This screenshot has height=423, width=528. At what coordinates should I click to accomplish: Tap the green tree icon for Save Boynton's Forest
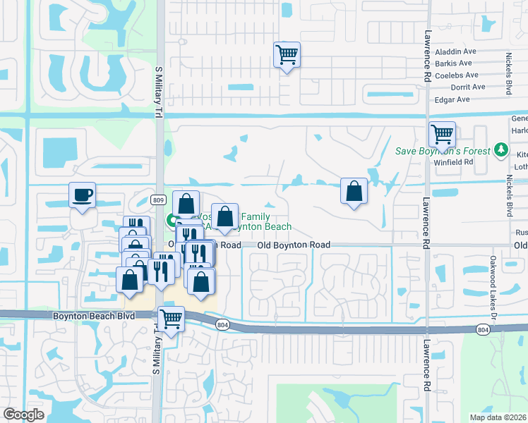click(501, 149)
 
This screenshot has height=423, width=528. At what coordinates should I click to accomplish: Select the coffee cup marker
click(82, 194)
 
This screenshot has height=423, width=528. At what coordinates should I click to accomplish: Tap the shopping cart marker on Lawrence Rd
click(442, 133)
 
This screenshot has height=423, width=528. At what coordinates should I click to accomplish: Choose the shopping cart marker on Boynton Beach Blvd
click(171, 319)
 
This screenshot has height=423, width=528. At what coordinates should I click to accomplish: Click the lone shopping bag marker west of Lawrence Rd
click(354, 190)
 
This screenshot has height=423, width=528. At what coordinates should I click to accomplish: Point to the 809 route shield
click(157, 200)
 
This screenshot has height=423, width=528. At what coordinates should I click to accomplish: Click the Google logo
click(24, 415)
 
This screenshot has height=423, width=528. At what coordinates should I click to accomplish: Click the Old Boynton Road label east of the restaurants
click(294, 245)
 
